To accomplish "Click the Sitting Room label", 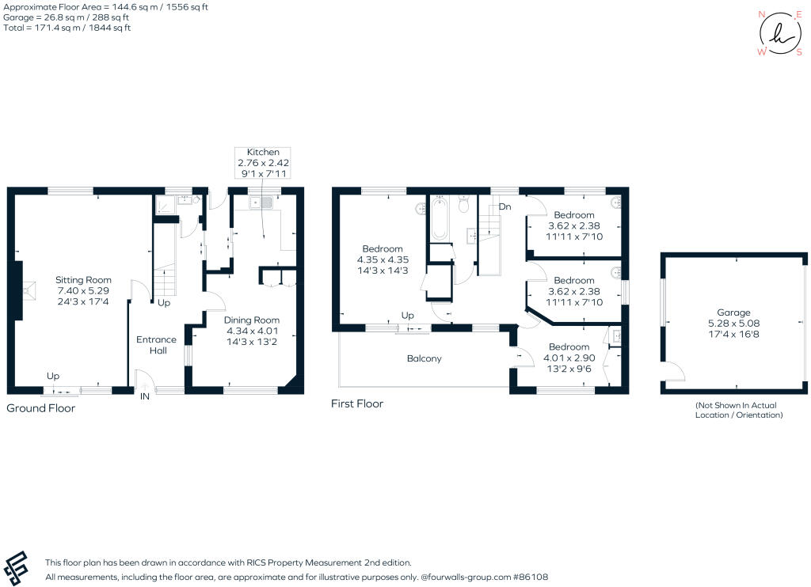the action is [83, 291].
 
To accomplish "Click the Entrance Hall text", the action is [156, 345].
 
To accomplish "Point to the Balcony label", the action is [424, 358].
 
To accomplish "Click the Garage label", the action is [733, 324].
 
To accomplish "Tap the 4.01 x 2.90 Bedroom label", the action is [569, 358].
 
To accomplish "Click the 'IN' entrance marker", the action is [146, 397].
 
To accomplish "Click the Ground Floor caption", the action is [41, 408].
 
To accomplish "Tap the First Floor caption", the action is [356, 403].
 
